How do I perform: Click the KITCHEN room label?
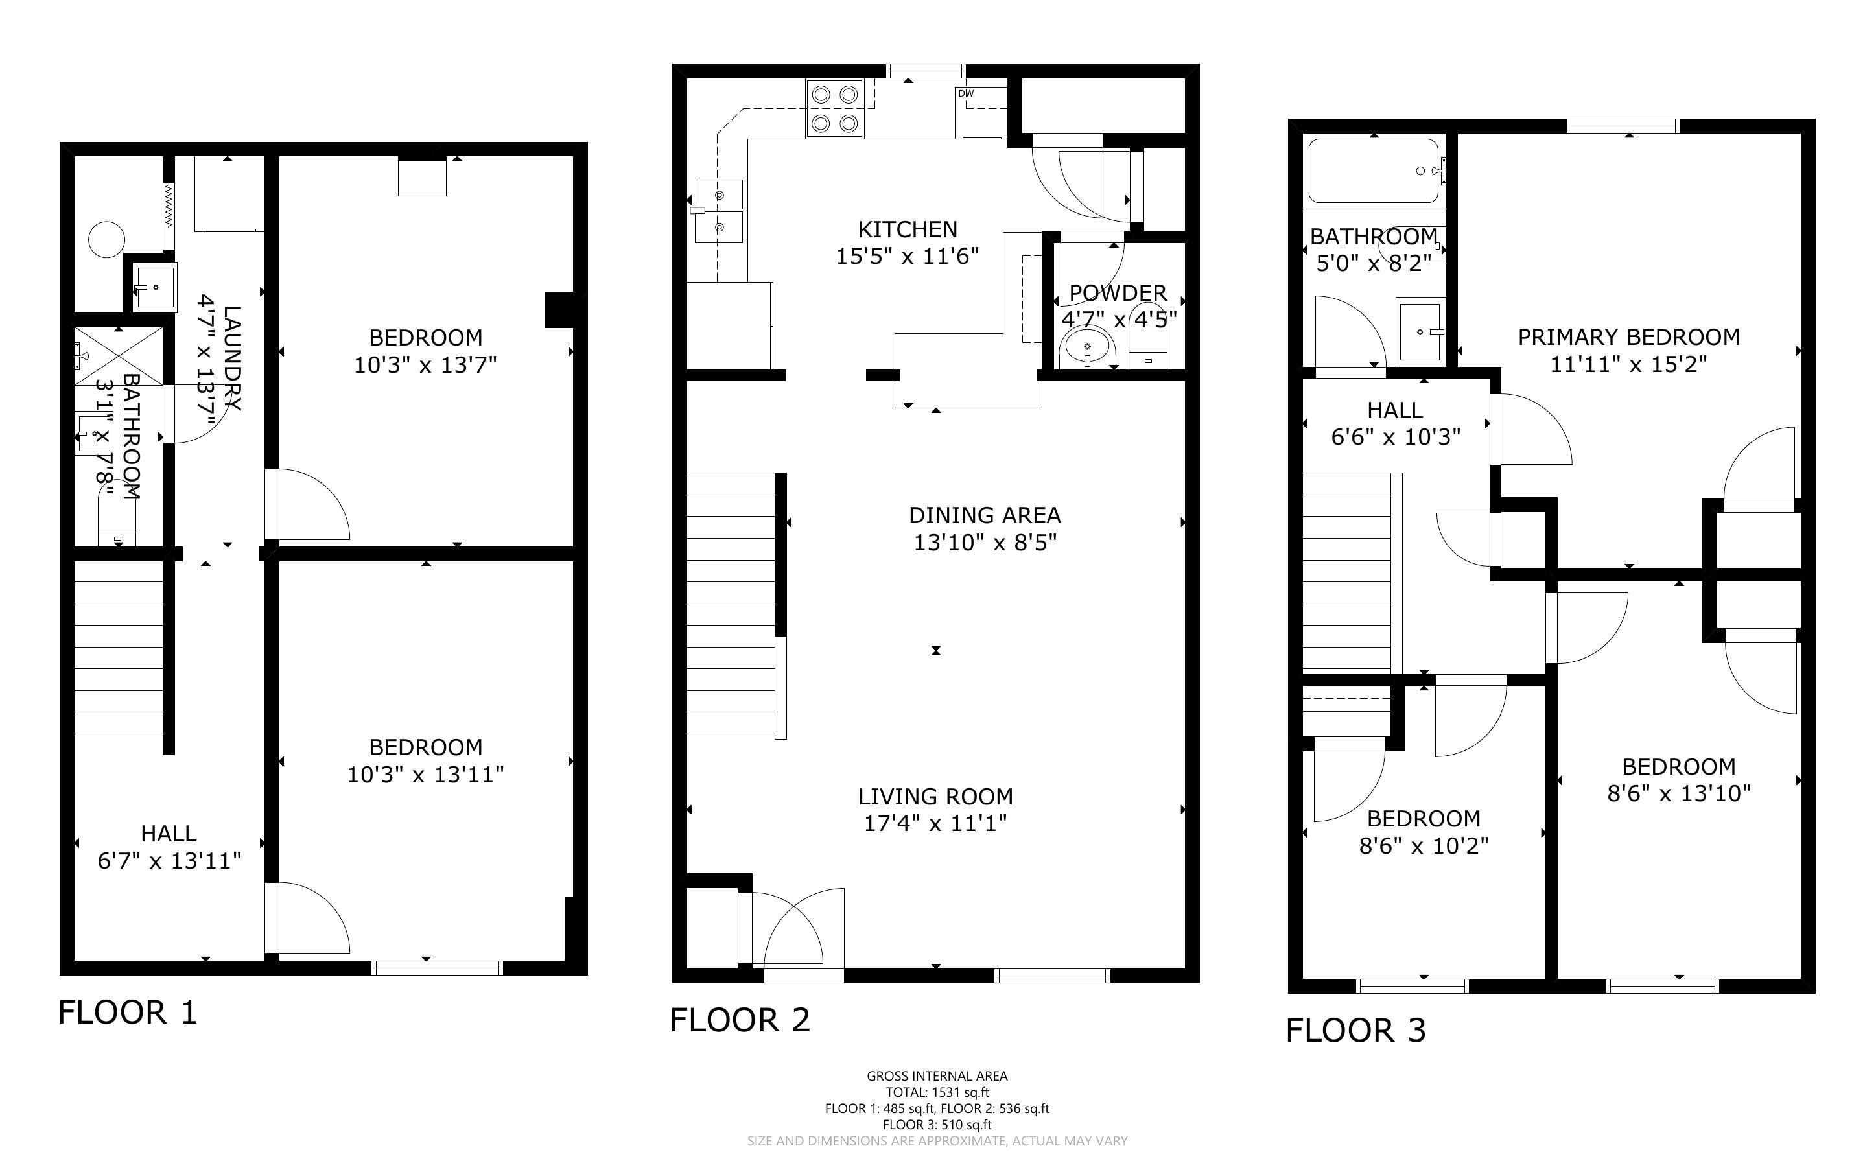(x=908, y=229)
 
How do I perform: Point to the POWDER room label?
(x=1118, y=293)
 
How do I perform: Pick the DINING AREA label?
(x=985, y=515)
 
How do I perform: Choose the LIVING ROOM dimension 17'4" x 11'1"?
(x=935, y=823)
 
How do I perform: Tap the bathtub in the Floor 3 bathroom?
(x=1374, y=171)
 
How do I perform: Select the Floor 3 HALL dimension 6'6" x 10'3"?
(x=1396, y=437)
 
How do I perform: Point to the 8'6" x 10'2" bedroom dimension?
(x=1424, y=845)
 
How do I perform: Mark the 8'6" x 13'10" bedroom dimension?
(x=1679, y=793)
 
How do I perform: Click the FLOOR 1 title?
(x=128, y=1013)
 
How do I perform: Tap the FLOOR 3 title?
(x=1356, y=1030)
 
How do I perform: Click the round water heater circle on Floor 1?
(x=107, y=239)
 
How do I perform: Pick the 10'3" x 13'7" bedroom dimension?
(x=425, y=364)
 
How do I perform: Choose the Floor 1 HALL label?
(x=169, y=833)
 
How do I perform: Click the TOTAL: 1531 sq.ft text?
(x=937, y=1092)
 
